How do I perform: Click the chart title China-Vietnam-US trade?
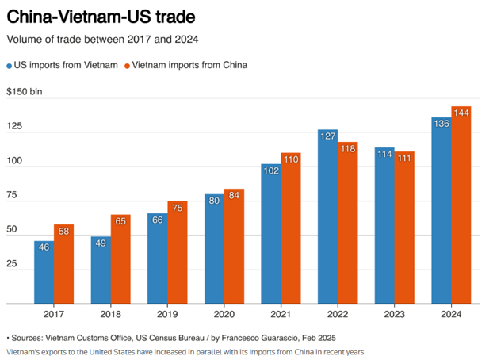[x=101, y=16]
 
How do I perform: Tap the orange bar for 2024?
[x=461, y=206]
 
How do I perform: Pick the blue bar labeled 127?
[x=327, y=216]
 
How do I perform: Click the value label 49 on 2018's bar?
[x=101, y=243]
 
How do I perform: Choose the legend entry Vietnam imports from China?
[x=189, y=65]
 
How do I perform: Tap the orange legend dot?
[x=125, y=65]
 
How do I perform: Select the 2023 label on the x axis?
[x=394, y=314]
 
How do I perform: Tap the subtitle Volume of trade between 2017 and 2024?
[x=102, y=40]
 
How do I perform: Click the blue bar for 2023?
[x=384, y=226]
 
